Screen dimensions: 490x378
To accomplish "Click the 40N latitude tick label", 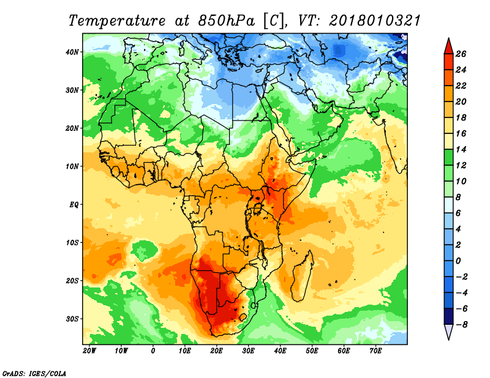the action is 72,52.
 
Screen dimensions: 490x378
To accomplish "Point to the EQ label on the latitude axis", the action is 73,205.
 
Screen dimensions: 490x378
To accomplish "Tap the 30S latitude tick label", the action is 72,319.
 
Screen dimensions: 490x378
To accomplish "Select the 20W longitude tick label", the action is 89,351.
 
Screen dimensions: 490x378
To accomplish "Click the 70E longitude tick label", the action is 376,351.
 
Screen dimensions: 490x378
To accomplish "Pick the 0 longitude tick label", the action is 153,351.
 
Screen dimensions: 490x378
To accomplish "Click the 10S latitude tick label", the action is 72,243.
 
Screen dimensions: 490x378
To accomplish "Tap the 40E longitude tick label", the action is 281,351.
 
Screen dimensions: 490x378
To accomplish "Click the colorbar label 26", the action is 461,54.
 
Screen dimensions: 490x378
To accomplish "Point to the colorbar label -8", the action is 461,325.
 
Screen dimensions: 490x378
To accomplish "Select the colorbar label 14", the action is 461,149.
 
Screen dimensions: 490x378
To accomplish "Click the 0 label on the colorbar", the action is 458,261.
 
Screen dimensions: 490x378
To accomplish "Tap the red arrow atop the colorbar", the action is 448,46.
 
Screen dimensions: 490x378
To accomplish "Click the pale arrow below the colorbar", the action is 448,332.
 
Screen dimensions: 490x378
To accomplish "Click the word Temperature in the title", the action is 116,21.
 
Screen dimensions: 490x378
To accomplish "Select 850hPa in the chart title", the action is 227,21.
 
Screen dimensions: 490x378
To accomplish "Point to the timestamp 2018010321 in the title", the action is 375,21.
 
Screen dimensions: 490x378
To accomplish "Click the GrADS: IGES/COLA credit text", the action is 34,373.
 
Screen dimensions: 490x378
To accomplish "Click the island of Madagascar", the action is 302,276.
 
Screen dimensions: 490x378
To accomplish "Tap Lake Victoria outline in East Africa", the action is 258,208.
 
